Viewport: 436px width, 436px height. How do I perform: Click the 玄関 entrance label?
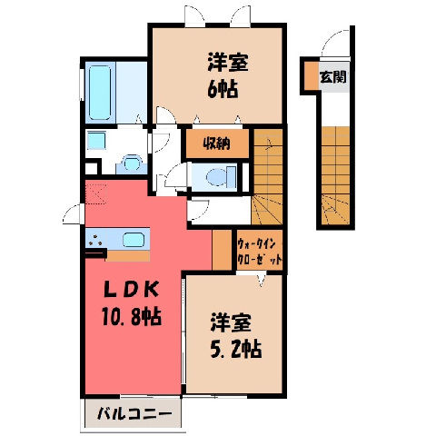point(333,77)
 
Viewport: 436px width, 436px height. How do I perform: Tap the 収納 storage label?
point(216,144)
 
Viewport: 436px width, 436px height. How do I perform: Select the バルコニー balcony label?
point(134,414)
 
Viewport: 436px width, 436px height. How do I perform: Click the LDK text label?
point(131,290)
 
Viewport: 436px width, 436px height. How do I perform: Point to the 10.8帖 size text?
point(131,316)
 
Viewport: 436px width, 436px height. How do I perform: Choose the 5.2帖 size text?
point(235,349)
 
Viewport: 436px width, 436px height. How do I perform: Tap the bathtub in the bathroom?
point(100,93)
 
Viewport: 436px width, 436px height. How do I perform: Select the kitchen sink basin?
point(134,239)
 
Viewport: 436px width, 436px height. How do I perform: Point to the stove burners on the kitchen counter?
point(95,239)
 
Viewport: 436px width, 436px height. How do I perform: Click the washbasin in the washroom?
point(132,163)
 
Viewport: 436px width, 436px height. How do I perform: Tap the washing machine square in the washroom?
point(96,140)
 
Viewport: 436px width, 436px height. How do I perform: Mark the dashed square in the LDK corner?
point(95,193)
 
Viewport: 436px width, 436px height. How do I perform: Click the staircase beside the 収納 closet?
point(268,177)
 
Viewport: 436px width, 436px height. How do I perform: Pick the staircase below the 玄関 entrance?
point(335,175)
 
